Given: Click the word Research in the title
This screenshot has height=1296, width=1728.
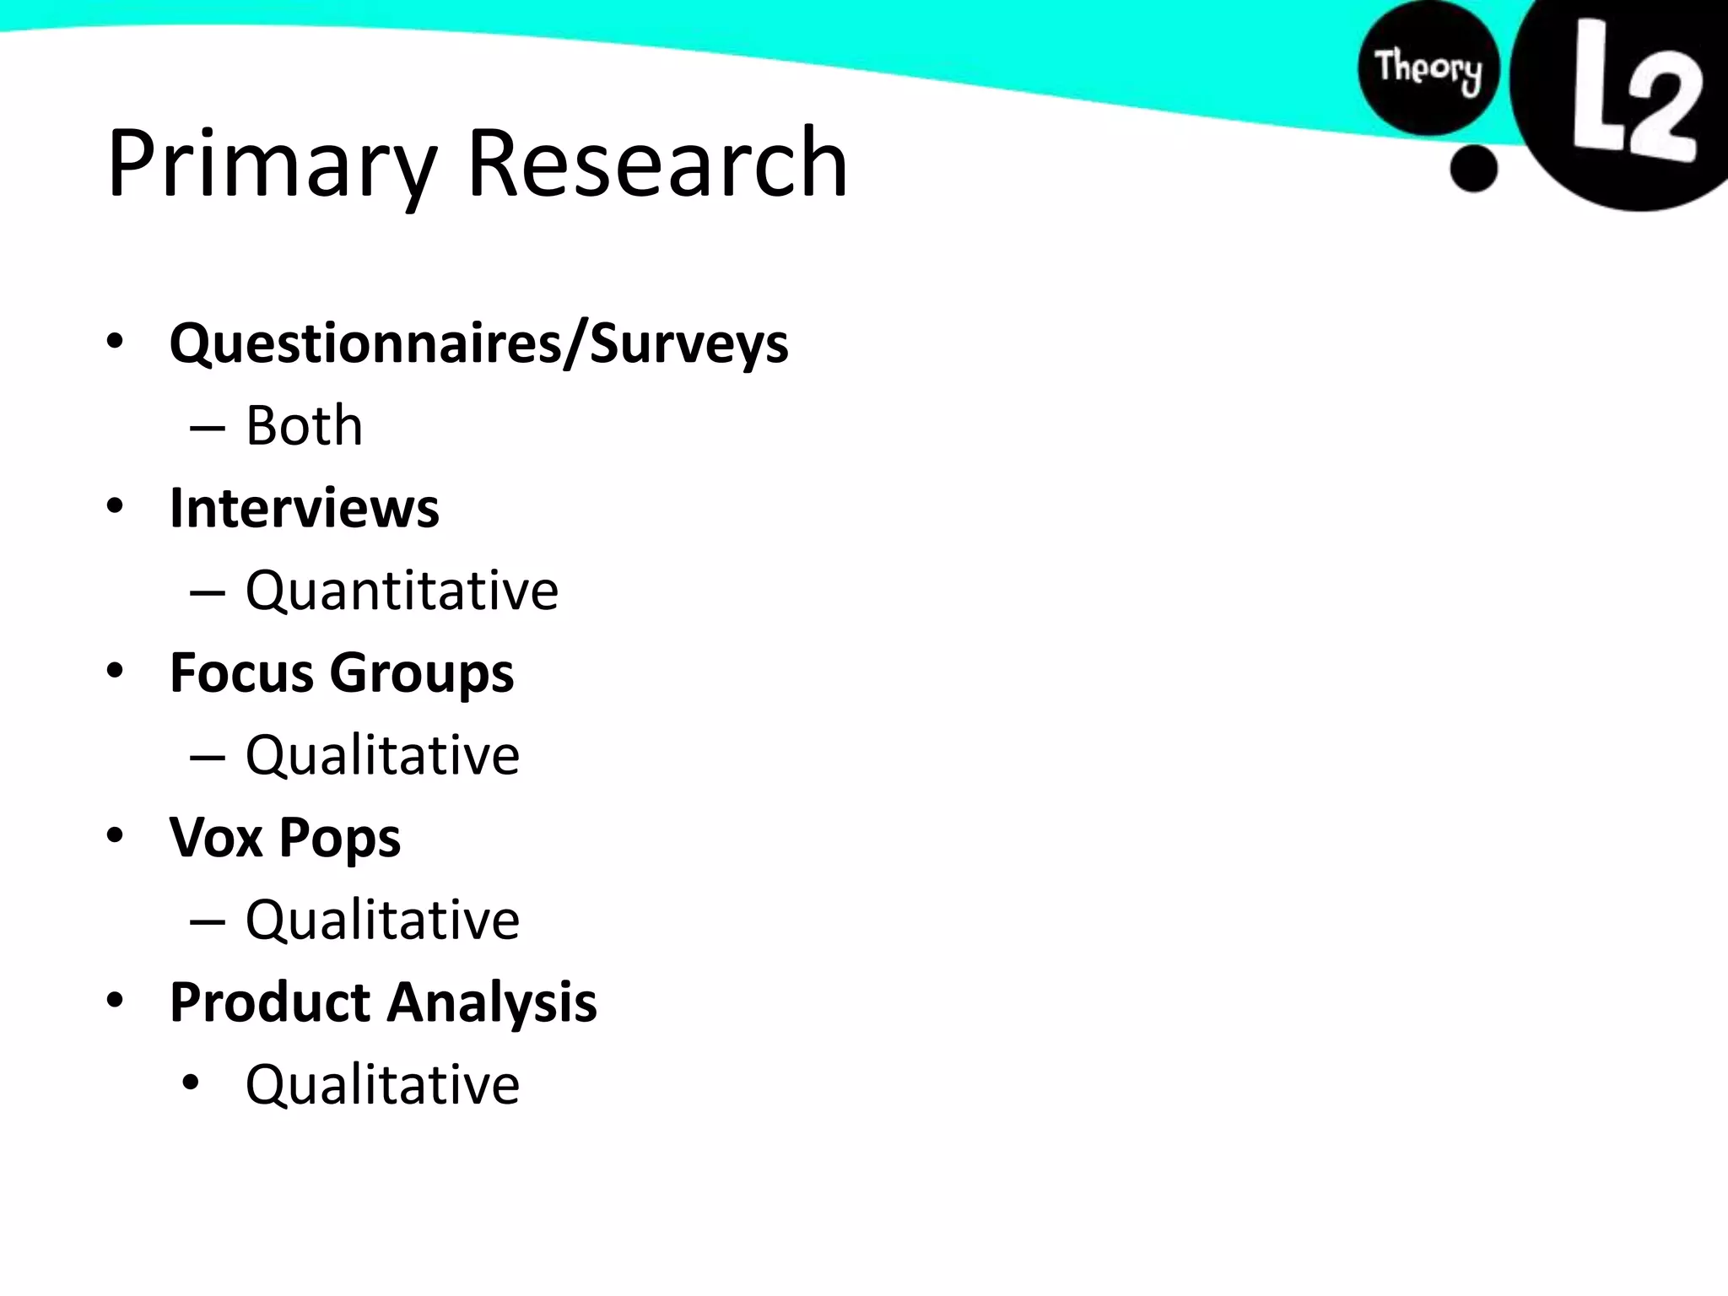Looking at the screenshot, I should point(656,163).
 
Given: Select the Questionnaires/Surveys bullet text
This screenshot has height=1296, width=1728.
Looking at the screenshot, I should point(478,343).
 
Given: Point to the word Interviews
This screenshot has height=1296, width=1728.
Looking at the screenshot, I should point(304,508).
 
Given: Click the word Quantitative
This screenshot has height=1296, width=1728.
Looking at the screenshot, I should point(402,590).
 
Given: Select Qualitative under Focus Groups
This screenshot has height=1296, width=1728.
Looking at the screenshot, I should point(382,754).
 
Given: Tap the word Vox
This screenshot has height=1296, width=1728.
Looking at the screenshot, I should point(216,837).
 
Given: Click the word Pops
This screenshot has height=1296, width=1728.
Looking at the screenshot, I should point(339,839).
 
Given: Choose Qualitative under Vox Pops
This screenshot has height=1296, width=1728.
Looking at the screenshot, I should point(382,919).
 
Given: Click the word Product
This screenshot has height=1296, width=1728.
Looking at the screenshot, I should point(269,1002).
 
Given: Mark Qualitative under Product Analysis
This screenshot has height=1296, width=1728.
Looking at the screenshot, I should point(382,1084).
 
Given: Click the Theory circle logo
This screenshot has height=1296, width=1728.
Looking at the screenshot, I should point(1428,67).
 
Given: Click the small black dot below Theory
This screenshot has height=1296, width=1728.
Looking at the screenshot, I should point(1473,168).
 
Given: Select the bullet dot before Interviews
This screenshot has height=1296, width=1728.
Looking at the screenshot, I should point(116,506).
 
